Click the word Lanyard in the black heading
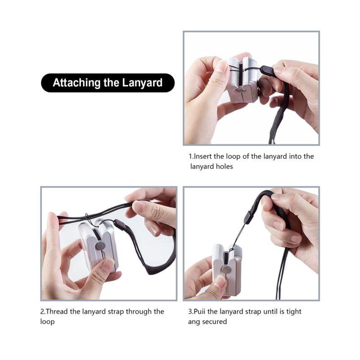pyautogui.click(x=142, y=83)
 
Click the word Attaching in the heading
pyautogui.click(x=76, y=83)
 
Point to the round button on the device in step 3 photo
pyautogui.click(x=224, y=269)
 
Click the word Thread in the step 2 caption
pyautogui.click(x=57, y=311)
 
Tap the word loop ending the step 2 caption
pyautogui.click(x=48, y=322)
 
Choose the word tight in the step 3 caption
pyautogui.click(x=294, y=311)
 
